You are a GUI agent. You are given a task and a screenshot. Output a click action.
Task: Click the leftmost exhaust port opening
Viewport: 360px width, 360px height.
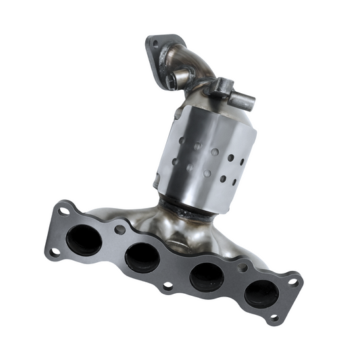pos(84,240)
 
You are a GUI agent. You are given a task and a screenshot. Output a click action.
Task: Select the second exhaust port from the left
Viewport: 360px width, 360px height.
pos(140,256)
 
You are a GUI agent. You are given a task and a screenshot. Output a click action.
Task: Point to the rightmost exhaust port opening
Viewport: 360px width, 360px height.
pos(261,292)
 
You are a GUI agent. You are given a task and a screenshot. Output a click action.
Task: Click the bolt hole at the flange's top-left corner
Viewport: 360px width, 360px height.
pos(63,211)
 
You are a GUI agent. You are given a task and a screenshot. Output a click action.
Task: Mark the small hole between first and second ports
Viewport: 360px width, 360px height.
pos(120,230)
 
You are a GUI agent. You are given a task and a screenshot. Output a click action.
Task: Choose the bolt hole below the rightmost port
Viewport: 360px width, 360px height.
pos(273,316)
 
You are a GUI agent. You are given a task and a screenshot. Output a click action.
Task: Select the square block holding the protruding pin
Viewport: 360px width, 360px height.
pos(223,88)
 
